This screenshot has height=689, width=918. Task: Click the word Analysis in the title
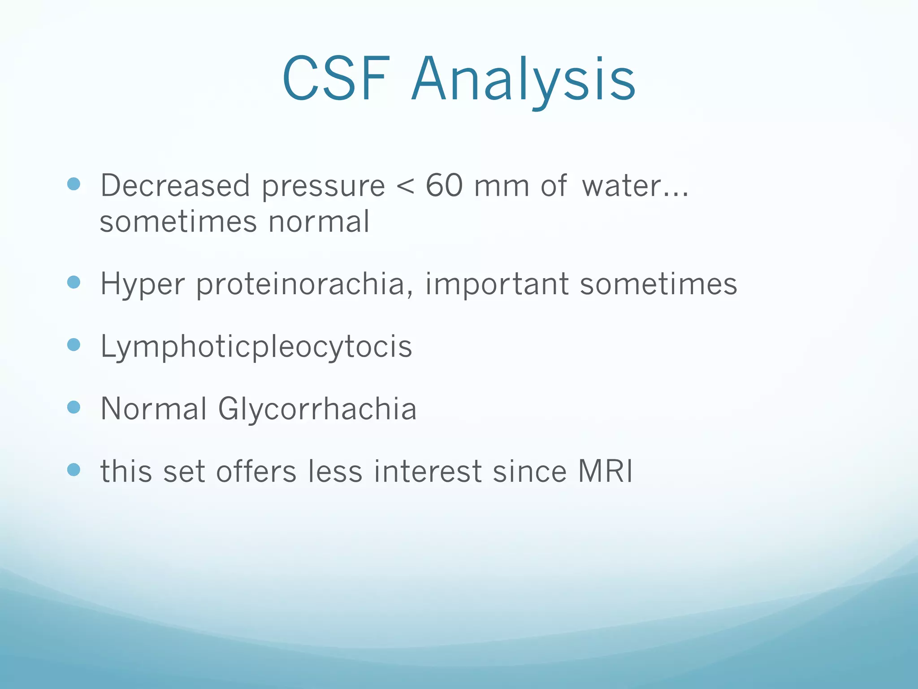523,79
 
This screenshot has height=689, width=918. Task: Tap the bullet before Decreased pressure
74,184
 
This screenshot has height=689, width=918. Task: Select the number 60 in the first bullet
444,185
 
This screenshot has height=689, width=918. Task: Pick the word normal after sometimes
319,222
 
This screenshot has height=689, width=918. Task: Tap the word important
496,284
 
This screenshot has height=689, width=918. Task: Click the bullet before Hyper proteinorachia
74,282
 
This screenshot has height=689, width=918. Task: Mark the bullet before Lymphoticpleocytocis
74,344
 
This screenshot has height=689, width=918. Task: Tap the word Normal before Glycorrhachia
154,409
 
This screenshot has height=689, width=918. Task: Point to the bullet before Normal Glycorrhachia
74,407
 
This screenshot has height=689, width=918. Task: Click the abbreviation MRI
605,471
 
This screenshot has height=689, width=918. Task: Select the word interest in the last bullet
428,472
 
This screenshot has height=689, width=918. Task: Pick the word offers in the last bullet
256,472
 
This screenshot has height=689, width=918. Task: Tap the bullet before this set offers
74,470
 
